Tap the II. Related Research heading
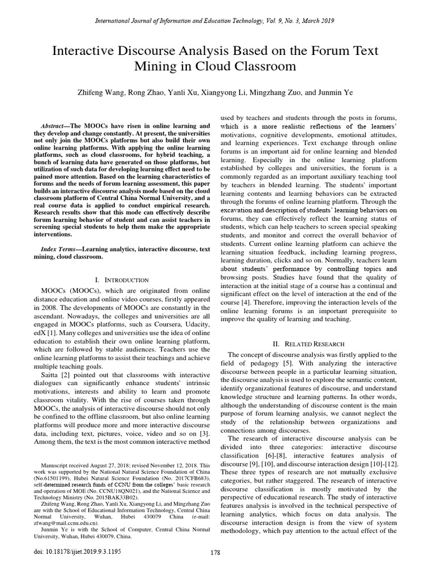315,343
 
